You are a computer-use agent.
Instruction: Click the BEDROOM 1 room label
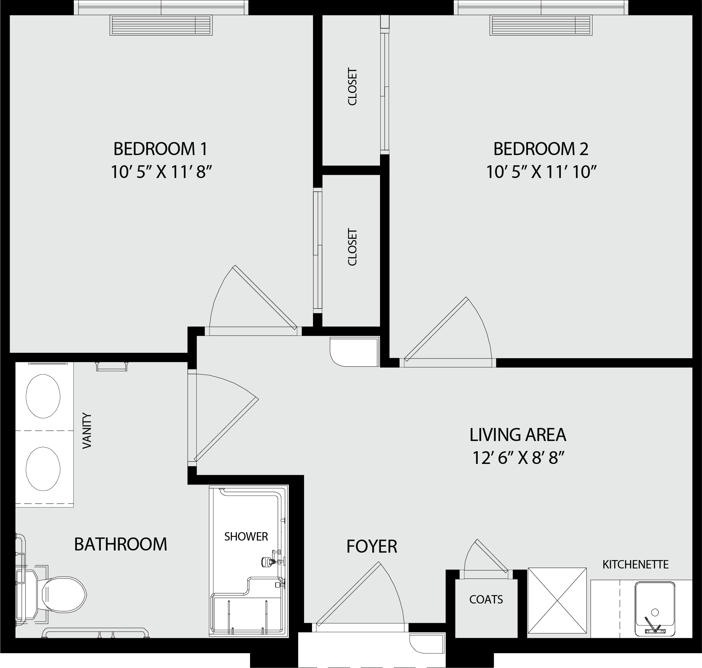point(160,149)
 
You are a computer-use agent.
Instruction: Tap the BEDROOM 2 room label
point(541,149)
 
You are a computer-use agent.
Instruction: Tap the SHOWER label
point(246,536)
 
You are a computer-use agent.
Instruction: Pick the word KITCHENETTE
point(635,564)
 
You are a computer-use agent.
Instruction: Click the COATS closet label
point(486,599)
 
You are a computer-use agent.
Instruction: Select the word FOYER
point(372,546)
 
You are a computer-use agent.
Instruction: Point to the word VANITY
point(87,430)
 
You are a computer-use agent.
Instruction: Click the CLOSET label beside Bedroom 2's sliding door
point(352,87)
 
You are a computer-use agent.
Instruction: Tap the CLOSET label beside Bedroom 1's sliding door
point(352,247)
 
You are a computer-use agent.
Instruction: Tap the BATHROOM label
point(120,544)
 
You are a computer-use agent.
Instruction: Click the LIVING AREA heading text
point(518,435)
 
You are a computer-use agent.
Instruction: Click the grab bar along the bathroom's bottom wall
point(96,632)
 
